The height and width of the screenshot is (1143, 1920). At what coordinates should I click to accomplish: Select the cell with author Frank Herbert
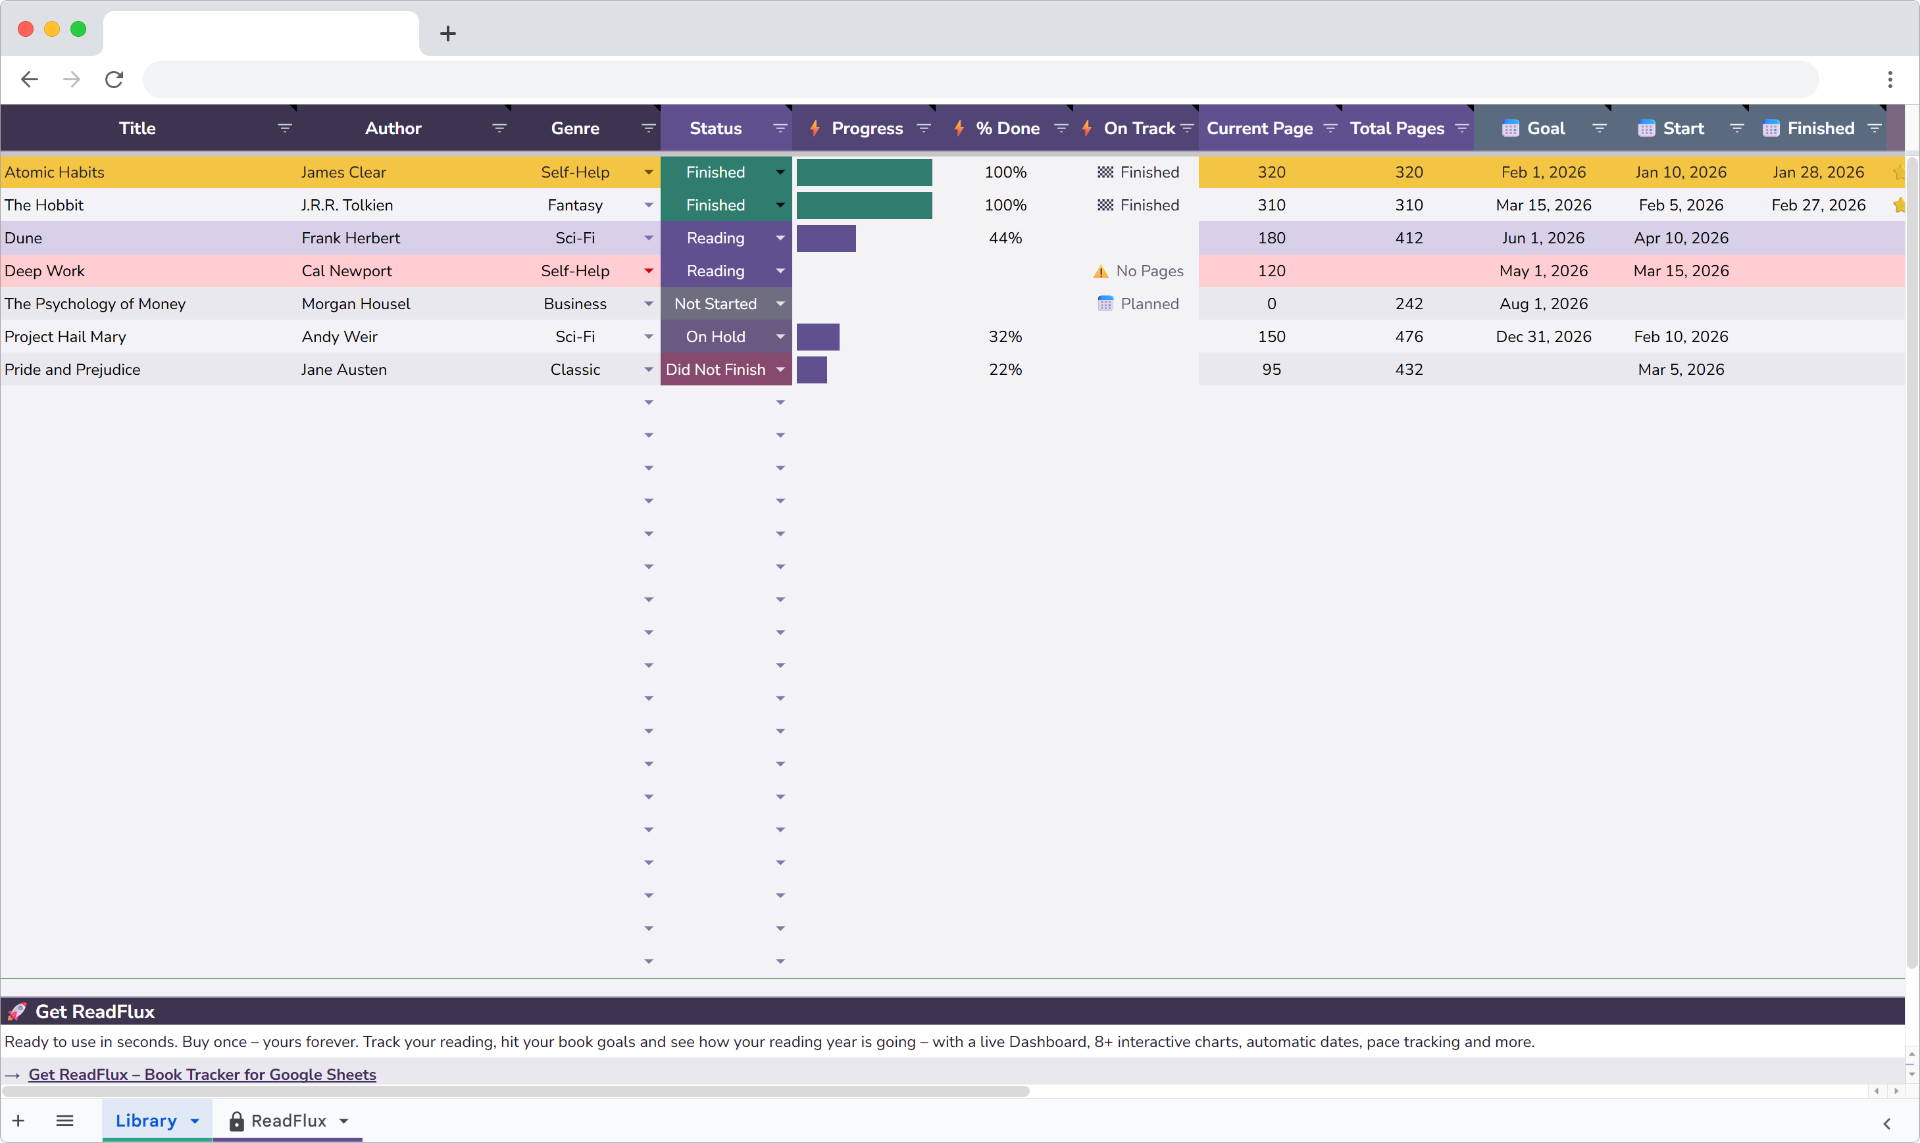[351, 238]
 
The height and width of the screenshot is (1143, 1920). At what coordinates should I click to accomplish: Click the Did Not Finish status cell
[715, 370]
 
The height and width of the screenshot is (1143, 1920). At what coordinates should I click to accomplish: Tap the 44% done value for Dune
[1005, 238]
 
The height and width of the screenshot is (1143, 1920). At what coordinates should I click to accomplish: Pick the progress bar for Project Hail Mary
[817, 337]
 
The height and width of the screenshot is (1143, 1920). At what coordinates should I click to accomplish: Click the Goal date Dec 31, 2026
[1542, 337]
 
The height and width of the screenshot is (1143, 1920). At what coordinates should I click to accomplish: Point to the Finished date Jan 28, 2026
[1817, 172]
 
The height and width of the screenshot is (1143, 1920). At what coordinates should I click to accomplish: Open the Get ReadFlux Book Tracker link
[202, 1074]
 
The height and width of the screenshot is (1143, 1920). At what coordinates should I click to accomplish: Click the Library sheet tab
[146, 1121]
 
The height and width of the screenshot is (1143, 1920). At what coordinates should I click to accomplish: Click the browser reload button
[114, 80]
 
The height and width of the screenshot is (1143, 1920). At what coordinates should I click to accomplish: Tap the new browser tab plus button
[447, 33]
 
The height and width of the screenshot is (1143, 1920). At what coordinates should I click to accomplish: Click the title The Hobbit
[44, 206]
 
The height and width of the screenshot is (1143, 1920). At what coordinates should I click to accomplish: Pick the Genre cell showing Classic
[575, 370]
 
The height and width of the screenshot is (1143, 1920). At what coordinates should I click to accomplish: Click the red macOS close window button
[26, 30]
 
